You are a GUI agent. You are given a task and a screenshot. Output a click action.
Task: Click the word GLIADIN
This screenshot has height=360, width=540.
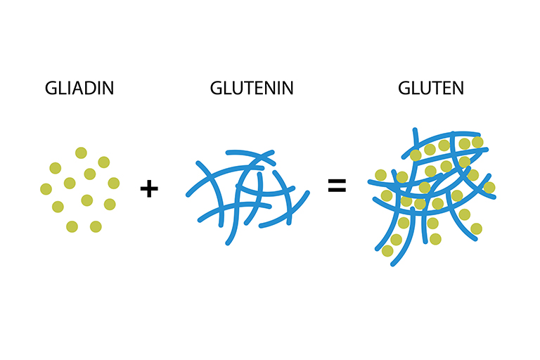click(79, 88)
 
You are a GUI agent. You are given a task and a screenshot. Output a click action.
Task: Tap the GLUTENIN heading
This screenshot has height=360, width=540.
click(252, 88)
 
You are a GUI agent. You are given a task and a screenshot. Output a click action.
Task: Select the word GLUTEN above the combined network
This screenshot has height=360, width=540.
click(431, 88)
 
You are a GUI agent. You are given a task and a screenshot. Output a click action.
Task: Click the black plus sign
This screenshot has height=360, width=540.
click(149, 188)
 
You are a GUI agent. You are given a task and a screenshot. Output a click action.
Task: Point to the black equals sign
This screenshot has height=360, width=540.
click(337, 186)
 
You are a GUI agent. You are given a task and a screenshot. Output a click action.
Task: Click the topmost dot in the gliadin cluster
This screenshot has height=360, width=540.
click(81, 153)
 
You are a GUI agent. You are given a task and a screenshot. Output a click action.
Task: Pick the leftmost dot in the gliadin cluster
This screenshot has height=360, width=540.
click(46, 189)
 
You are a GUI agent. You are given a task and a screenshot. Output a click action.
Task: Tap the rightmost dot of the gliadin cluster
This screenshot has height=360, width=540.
click(114, 183)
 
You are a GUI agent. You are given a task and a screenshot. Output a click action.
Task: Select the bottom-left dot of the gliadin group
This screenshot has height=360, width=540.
click(72, 226)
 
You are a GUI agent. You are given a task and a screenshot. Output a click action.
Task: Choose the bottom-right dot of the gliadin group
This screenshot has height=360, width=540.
click(96, 226)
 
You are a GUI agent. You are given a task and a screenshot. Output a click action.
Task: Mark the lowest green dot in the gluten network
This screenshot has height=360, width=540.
click(387, 251)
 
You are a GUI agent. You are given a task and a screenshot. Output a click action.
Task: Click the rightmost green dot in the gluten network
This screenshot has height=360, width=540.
click(489, 188)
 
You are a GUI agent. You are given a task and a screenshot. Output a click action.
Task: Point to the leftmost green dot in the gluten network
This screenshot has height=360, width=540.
click(380, 175)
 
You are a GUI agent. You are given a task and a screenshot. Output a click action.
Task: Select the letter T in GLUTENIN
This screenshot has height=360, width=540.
click(252, 88)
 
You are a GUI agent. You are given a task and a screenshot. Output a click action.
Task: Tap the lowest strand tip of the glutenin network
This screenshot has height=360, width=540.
click(227, 243)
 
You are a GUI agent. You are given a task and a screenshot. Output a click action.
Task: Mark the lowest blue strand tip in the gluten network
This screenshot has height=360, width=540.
click(392, 264)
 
